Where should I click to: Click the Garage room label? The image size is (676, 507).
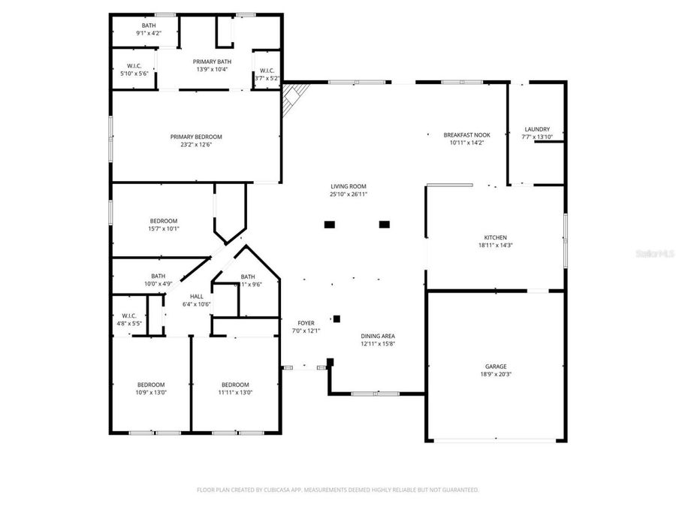click(x=495, y=366)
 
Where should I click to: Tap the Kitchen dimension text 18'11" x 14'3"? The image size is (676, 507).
click(x=495, y=245)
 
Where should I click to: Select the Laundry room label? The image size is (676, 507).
click(x=536, y=129)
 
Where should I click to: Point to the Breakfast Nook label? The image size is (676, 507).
click(x=466, y=134)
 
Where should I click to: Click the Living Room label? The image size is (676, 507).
click(x=349, y=186)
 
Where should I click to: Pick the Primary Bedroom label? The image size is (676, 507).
click(x=196, y=137)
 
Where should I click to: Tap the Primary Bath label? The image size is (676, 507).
click(x=212, y=62)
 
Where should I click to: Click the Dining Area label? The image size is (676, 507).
click(x=378, y=336)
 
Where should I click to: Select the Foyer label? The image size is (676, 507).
click(x=306, y=323)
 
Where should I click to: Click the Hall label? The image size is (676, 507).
click(x=197, y=296)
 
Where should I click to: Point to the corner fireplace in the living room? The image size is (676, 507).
click(x=294, y=98)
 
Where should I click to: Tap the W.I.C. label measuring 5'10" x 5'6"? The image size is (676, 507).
click(x=134, y=65)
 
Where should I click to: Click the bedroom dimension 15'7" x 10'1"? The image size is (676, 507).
click(x=163, y=229)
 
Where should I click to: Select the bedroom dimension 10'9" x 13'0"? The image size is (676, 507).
click(x=151, y=392)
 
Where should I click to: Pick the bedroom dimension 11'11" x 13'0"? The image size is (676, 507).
click(x=235, y=392)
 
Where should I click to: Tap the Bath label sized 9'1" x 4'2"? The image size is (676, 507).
click(x=149, y=26)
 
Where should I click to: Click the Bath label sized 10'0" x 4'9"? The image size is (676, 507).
click(x=158, y=276)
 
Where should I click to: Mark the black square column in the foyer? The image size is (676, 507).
click(x=337, y=318)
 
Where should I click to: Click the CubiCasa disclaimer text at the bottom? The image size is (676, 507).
click(x=337, y=489)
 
